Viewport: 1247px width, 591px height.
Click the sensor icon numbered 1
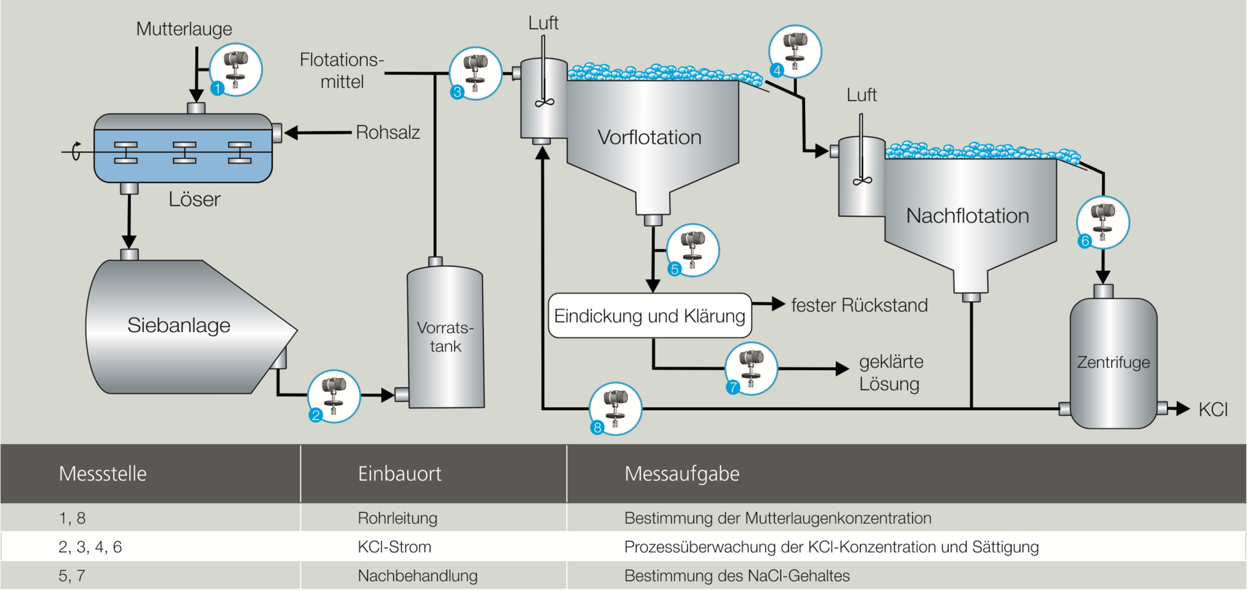click(235, 69)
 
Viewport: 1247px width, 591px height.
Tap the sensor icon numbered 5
click(692, 250)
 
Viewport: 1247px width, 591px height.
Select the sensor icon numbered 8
click(615, 408)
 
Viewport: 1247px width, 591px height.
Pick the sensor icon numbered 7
click(751, 369)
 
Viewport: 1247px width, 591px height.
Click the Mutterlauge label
click(184, 29)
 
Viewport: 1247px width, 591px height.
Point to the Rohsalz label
click(388, 132)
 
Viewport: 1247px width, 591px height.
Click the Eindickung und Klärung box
click(650, 316)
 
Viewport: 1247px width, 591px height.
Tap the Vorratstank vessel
click(445, 337)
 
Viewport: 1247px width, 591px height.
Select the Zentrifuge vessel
click(1113, 363)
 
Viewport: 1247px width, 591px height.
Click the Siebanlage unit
click(179, 326)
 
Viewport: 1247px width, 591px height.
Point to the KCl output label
click(1212, 409)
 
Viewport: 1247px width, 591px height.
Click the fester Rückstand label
click(859, 306)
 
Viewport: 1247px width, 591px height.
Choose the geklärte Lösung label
click(891, 373)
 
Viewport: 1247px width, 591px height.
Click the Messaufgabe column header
click(682, 474)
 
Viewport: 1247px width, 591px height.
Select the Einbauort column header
click(399, 474)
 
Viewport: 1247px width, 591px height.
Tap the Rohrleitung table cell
click(397, 518)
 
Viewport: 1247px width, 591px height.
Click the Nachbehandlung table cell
click(417, 576)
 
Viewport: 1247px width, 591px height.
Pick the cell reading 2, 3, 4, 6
click(90, 547)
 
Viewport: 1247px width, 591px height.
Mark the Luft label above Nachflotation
click(861, 95)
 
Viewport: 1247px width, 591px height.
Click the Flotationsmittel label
click(341, 71)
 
